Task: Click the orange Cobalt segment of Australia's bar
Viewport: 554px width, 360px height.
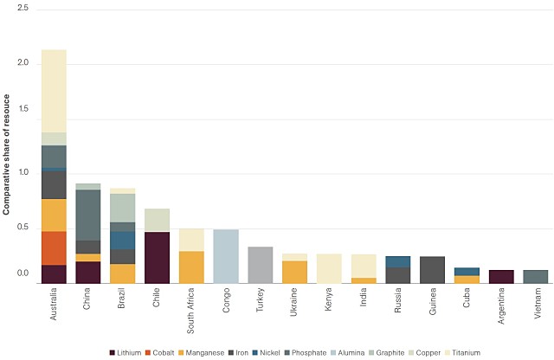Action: [x=54, y=247]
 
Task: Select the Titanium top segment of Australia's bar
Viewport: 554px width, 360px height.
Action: [x=54, y=91]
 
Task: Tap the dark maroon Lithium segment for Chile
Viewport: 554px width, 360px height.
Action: [x=157, y=257]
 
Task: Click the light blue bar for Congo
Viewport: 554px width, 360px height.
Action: [x=226, y=256]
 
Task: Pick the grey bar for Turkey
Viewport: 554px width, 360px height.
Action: [x=261, y=265]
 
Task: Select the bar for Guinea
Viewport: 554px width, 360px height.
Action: [x=432, y=269]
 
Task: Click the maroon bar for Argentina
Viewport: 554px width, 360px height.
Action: [x=501, y=276]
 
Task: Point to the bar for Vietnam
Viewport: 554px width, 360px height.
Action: [x=536, y=276]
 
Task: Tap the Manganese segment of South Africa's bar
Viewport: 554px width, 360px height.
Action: [x=191, y=267]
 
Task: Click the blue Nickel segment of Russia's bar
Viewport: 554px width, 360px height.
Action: [x=397, y=261]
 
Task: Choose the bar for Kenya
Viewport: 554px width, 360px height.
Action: [x=329, y=268]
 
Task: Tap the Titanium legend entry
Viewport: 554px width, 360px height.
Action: [x=464, y=352]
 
